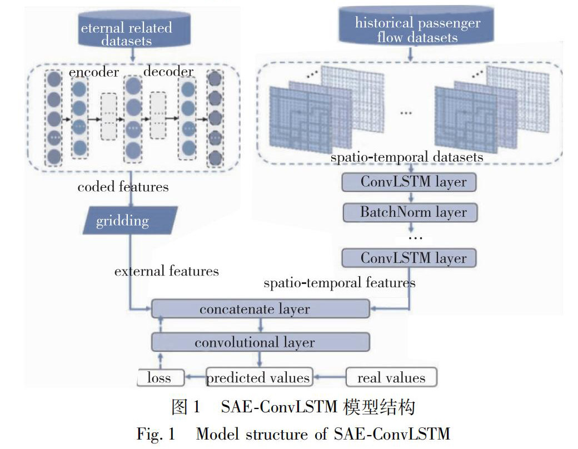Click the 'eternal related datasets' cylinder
(x=133, y=32)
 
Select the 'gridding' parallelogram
(x=122, y=221)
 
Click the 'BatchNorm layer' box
(x=410, y=212)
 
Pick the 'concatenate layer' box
(x=260, y=309)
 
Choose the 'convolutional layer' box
(x=260, y=342)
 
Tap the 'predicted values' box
(x=258, y=378)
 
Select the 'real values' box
(x=391, y=378)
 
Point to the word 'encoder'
(x=94, y=73)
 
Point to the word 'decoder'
(x=168, y=73)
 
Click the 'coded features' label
(x=123, y=186)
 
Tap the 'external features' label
(x=167, y=271)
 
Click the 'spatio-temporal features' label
(x=339, y=283)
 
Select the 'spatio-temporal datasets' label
(x=407, y=157)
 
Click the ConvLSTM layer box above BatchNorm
(x=410, y=182)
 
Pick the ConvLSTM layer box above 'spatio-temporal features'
(x=410, y=258)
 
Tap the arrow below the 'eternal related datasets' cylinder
(x=133, y=54)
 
